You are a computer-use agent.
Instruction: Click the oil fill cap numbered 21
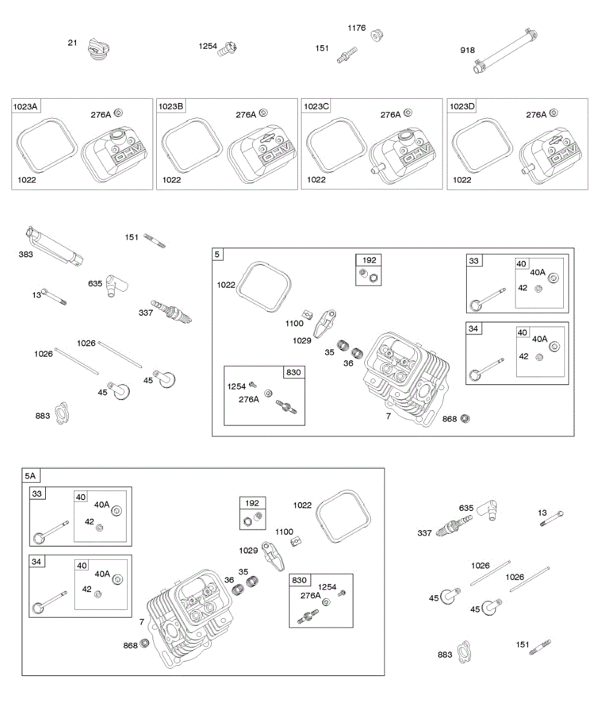pyautogui.click(x=96, y=48)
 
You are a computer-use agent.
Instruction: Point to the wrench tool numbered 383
pyautogui.click(x=55, y=246)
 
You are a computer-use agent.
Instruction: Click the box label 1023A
pyautogui.click(x=25, y=107)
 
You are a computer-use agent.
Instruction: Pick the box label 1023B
pyautogui.click(x=171, y=107)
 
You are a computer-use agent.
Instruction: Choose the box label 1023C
pyautogui.click(x=316, y=107)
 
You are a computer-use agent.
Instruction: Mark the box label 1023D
pyautogui.click(x=462, y=107)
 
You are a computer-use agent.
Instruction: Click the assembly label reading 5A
pyautogui.click(x=30, y=476)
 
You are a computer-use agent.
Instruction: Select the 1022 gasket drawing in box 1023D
pyautogui.click(x=482, y=145)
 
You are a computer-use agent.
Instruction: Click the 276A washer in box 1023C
pyautogui.click(x=408, y=112)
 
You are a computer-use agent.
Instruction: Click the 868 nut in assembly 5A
pyautogui.click(x=145, y=644)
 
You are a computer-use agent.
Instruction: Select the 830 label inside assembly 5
pyautogui.click(x=293, y=373)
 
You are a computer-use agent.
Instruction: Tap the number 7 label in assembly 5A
pyautogui.click(x=142, y=622)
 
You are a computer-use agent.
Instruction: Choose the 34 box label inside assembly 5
pyautogui.click(x=473, y=328)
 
